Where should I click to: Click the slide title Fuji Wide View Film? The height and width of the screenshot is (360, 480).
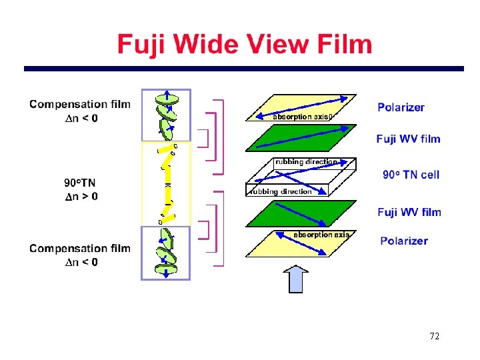pos(245,45)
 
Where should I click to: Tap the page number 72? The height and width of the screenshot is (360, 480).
pos(434,336)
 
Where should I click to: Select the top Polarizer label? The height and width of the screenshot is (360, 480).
pos(401,107)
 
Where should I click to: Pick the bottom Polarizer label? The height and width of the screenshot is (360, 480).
pos(403,241)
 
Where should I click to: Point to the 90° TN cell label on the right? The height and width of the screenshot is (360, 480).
pos(411,175)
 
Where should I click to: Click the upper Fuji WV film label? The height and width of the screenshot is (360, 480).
pos(408,139)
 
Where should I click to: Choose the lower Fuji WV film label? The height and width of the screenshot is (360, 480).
pos(409,212)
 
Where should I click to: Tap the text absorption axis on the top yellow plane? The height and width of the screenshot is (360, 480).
pos(302,117)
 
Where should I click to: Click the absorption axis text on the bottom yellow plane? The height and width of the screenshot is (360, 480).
pos(321,235)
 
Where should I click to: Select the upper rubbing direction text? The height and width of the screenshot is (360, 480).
pos(306,161)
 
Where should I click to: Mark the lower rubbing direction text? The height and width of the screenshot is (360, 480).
pos(280,191)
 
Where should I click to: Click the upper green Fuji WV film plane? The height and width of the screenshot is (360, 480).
pos(300,141)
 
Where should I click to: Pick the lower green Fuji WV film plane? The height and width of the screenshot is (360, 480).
pos(300,213)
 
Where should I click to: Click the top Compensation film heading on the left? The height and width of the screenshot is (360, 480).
pos(80,104)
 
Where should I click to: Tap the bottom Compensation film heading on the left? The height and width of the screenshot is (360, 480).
pos(80,249)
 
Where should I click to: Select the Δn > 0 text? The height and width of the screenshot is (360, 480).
pos(81,196)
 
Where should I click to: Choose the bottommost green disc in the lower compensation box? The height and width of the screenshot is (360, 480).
pos(165,269)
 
